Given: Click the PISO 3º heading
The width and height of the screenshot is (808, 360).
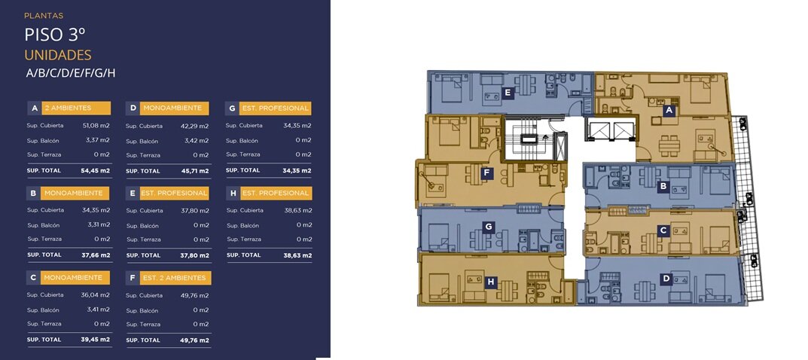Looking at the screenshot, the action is pos(55,35).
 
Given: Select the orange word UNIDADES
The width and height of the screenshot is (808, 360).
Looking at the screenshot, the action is pos(58,55).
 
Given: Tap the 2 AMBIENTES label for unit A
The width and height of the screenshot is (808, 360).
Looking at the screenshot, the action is pos(75,108).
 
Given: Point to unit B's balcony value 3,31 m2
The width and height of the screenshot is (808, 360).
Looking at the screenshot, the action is pos(97,225).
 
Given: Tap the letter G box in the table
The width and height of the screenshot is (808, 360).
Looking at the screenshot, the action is pos(232,108).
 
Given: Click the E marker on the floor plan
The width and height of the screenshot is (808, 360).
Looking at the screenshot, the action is pos(508,93).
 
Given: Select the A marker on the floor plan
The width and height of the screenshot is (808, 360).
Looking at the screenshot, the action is pos(669,110).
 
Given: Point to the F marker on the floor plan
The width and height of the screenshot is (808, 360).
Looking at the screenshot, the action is pos(486,173).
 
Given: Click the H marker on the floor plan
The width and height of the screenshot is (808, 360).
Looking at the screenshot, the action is pos(491,282).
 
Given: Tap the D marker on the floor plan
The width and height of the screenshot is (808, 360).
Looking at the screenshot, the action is pos(666,279).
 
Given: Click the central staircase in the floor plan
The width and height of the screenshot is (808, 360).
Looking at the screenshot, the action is pos(528,139).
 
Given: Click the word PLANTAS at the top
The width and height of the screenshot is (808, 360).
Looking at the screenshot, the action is pos(44,16).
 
